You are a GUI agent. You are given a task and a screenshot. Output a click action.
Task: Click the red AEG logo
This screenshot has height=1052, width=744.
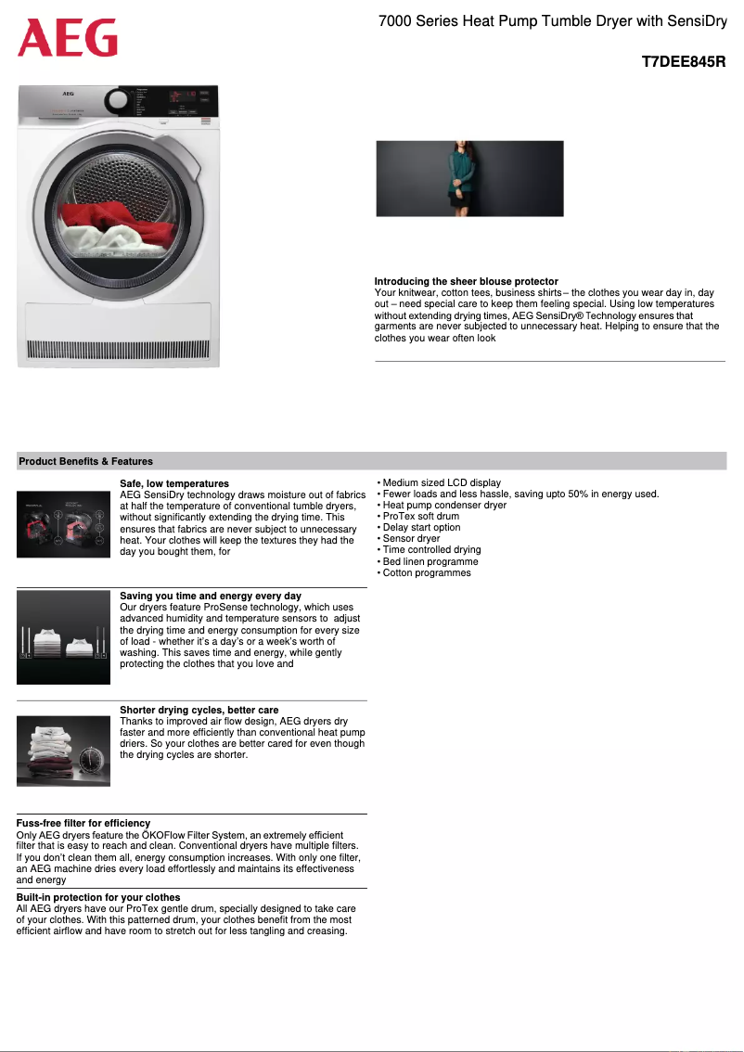68,39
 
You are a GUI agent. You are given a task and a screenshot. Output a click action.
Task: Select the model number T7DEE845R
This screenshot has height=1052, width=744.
684,63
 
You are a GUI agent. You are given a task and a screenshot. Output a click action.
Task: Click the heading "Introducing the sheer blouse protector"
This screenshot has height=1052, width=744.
466,281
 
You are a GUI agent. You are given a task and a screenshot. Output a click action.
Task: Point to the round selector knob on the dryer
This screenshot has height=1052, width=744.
118,101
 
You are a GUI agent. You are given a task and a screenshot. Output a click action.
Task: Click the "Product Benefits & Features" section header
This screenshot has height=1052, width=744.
86,461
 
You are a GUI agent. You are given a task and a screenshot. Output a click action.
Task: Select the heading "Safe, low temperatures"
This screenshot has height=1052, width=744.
174,483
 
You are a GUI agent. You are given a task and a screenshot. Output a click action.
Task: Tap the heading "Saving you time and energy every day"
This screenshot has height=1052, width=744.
211,596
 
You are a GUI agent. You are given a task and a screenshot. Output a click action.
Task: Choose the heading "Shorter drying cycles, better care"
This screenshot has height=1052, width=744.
199,710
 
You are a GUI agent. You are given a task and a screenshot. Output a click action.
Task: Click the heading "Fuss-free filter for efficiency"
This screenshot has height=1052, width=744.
83,823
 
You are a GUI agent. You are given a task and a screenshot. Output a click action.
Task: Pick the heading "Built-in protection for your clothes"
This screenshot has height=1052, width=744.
98,897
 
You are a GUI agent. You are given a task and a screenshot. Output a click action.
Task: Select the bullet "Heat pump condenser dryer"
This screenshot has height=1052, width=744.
444,505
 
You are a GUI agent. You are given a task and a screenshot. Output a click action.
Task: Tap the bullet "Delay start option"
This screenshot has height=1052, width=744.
421,527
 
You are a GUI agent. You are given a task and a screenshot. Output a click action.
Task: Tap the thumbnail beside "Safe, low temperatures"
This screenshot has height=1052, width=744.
63,524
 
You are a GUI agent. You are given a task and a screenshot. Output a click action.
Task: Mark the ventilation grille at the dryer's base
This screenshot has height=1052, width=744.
119,351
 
